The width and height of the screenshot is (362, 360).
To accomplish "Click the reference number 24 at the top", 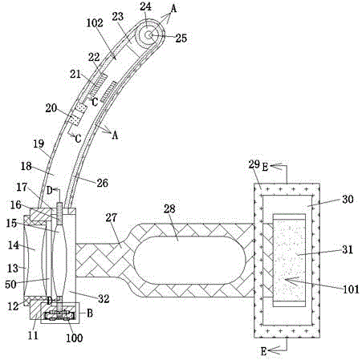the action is (x=146, y=6).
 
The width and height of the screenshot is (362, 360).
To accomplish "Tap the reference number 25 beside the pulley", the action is (x=181, y=38).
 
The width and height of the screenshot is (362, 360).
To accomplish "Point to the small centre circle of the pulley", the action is (x=148, y=35).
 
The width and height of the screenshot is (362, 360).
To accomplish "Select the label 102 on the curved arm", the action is (x=95, y=23).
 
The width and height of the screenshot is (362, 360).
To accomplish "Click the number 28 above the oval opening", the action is (x=169, y=208).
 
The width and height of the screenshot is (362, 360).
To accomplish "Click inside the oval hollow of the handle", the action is (x=189, y=260).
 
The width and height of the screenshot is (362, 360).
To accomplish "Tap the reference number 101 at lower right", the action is (x=351, y=289).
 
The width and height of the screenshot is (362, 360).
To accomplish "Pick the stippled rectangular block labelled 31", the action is (x=289, y=260).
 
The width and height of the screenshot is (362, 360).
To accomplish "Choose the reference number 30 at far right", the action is (x=348, y=200).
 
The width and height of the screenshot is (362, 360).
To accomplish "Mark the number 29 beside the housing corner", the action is (x=254, y=164).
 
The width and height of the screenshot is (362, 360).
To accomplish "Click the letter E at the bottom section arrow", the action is (x=264, y=351).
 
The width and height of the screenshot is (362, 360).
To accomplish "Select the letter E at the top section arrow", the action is (x=265, y=168).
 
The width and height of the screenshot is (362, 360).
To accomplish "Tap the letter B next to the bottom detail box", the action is (x=90, y=313).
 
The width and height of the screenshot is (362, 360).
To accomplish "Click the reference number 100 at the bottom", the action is (x=75, y=338).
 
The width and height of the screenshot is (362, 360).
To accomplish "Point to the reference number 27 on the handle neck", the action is (x=112, y=218).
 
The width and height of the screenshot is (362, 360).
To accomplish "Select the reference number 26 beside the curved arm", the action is (x=102, y=183).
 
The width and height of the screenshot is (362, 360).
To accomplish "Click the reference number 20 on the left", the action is (x=51, y=108).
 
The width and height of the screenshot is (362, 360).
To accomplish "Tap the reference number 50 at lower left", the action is (x=10, y=285).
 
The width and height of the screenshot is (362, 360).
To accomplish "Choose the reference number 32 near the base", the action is (x=104, y=299).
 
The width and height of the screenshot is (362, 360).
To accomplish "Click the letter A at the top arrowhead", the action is (x=173, y=9).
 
